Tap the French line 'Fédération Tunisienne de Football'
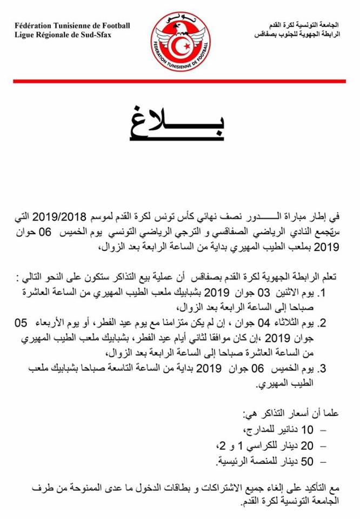[x=72, y=25]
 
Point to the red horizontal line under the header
[x=180, y=81]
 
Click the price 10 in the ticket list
[x=307, y=430]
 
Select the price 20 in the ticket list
[x=306, y=445]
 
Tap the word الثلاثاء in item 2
[x=297, y=323]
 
